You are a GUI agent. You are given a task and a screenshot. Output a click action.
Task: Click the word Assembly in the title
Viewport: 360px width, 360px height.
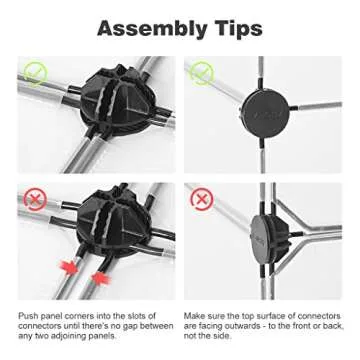pos(152,29)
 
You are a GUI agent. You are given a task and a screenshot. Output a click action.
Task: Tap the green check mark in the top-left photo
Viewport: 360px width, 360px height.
pos(35,73)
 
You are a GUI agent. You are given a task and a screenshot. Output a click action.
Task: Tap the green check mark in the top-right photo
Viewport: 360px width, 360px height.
pos(201,73)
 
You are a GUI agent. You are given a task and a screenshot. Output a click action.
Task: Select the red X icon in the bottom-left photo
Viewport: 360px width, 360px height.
pos(35,199)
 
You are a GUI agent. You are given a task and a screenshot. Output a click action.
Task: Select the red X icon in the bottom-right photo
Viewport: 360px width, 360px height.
pos(201,199)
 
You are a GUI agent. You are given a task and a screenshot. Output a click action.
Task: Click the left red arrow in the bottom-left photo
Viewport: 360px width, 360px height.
pos(70,268)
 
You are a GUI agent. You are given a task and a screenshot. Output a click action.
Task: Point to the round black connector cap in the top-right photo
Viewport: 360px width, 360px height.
pos(265,113)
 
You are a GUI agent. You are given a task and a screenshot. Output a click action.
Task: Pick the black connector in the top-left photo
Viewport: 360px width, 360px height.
pos(122,100)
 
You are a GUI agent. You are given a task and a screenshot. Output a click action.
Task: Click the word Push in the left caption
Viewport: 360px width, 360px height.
pos(27,316)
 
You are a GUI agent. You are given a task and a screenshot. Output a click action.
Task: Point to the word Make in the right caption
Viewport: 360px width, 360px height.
pos(192,316)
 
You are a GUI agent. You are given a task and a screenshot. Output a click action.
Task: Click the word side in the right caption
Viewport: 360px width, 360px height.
pos(222,336)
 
